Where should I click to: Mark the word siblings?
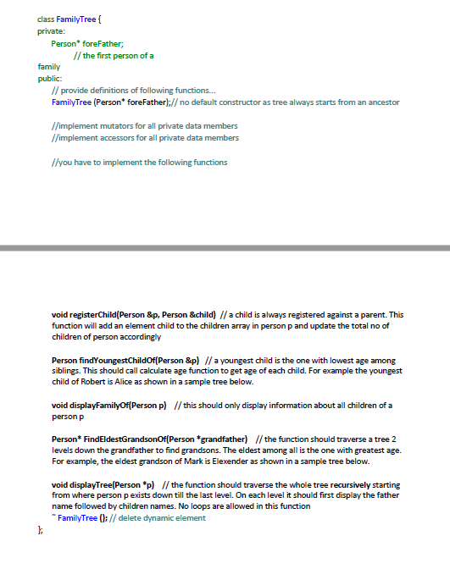pos(69,370)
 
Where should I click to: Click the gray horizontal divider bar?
pos(225,247)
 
